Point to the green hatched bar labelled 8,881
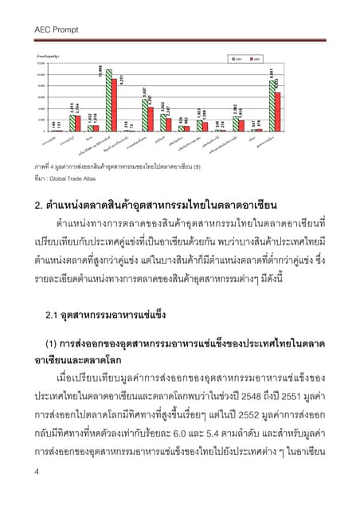[x=271, y=107]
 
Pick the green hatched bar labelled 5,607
[x=144, y=116]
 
